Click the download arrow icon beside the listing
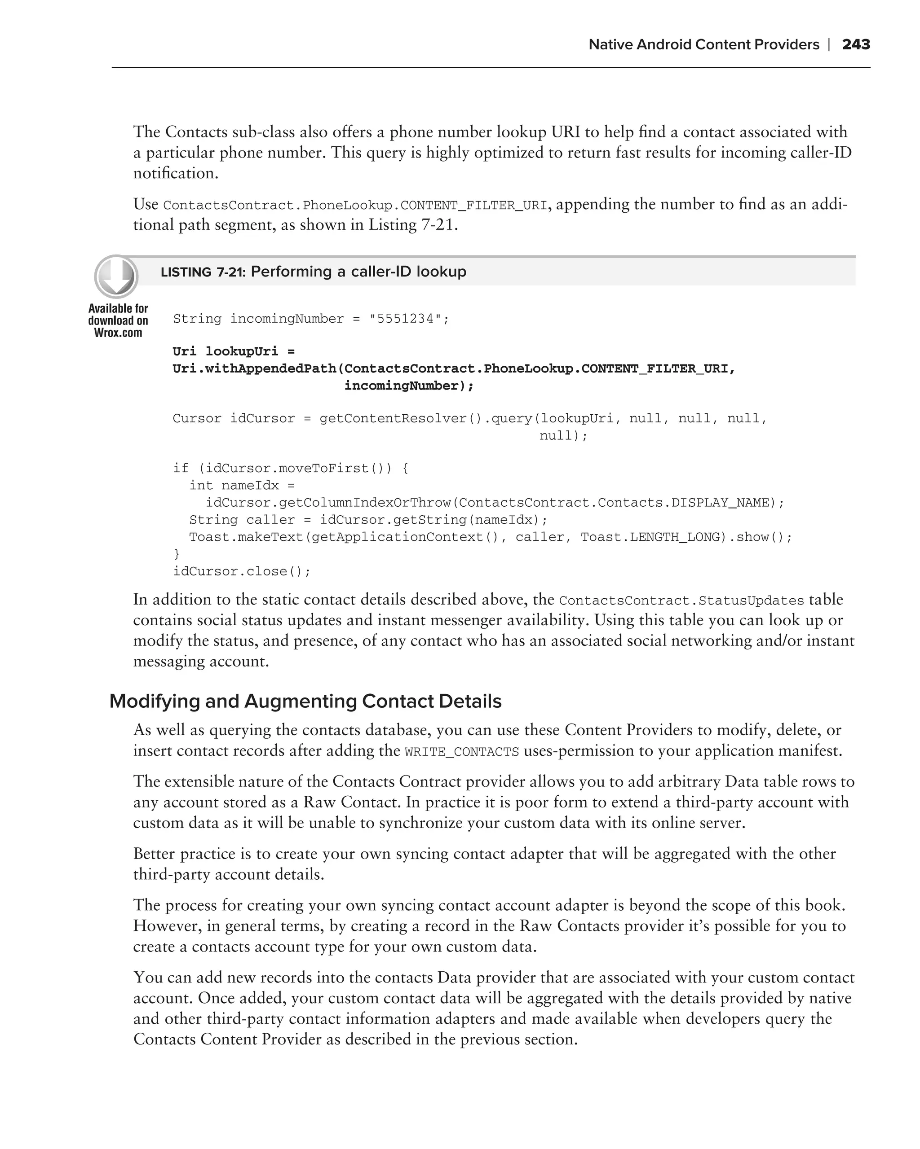[116, 276]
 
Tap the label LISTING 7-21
[202, 272]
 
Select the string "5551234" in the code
[405, 319]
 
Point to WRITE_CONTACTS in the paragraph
[461, 752]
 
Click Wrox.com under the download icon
[118, 333]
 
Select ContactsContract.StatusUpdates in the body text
[681, 601]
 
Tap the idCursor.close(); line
[242, 571]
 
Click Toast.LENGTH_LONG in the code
[653, 537]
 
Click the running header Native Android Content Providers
[703, 44]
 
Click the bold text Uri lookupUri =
[234, 351]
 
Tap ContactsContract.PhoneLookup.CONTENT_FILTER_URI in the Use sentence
[355, 205]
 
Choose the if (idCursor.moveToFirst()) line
[291, 468]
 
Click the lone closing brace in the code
[177, 554]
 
